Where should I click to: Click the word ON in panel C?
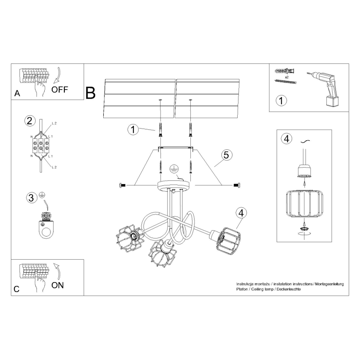[58, 285]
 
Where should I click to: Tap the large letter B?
[90, 93]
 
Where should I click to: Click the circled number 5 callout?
[226, 156]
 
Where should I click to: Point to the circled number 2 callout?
[29, 121]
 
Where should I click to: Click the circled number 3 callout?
[30, 198]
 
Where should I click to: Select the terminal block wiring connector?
[41, 146]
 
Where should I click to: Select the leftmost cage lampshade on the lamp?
[129, 239]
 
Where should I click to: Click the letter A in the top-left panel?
[17, 93]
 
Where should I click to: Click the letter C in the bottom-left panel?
[17, 289]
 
